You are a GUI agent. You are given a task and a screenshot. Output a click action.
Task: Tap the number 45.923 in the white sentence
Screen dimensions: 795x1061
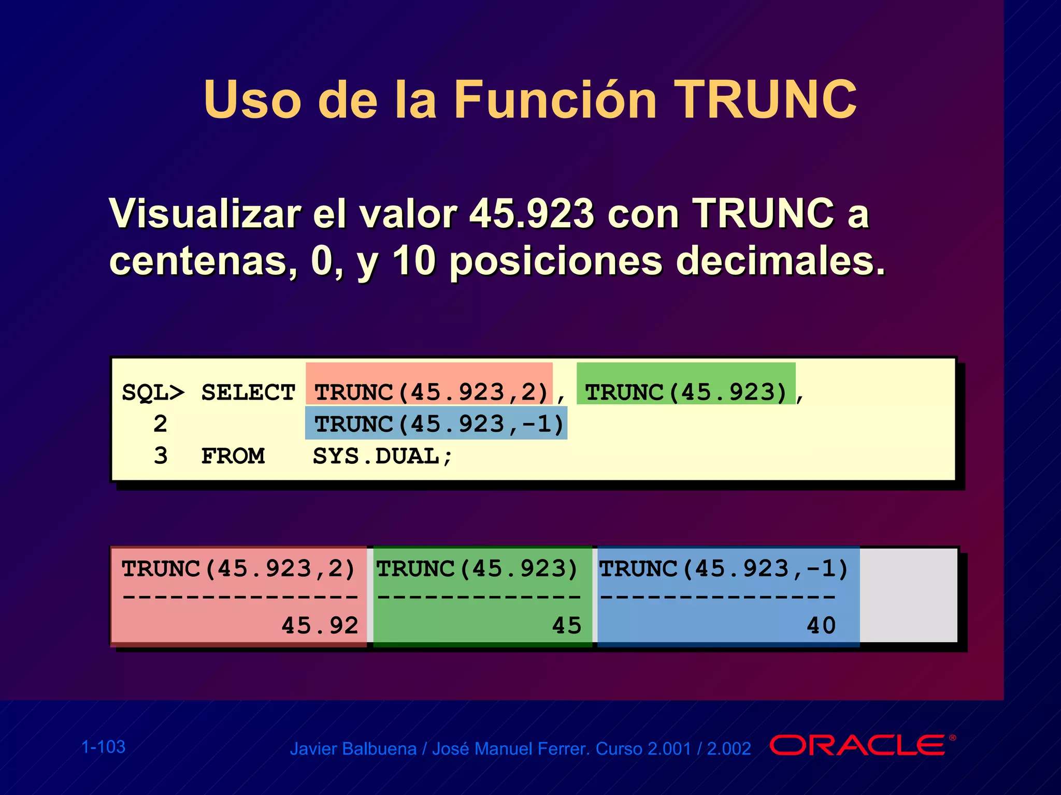pos(532,213)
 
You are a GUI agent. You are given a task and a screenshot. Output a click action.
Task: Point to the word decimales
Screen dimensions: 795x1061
pos(780,261)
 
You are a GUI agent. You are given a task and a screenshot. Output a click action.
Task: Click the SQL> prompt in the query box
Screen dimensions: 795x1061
pos(153,392)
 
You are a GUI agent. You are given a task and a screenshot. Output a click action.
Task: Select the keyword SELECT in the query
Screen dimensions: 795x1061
pos(248,392)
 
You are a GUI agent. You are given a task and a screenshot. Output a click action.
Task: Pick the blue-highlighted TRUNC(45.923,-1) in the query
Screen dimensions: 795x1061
pos(438,424)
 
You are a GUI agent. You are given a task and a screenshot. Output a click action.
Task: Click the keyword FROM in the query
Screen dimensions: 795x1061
pos(233,456)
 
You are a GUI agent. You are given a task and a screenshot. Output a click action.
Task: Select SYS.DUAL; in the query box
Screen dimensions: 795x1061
pos(382,456)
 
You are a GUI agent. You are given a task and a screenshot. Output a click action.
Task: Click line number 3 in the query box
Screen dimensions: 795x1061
pos(161,456)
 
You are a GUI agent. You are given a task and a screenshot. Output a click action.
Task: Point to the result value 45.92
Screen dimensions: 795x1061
pos(320,625)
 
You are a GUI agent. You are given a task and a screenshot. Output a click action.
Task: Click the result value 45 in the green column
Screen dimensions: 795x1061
pos(566,625)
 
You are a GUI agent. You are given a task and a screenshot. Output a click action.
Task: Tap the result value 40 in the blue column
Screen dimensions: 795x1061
pos(821,625)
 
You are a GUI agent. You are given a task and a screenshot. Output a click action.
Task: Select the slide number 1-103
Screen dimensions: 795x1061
pos(104,747)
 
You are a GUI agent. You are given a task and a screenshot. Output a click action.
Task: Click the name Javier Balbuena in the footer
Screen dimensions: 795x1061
pos(353,749)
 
